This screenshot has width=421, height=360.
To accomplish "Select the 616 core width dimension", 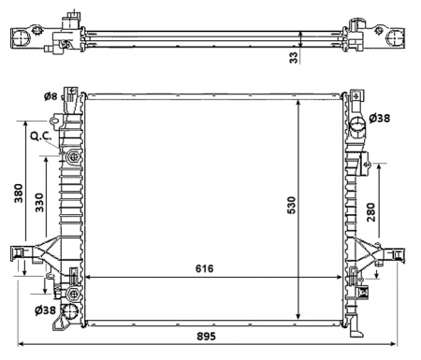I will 205,269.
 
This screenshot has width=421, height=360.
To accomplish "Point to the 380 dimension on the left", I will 16,193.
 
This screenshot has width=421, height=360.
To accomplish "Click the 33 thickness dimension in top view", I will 293,58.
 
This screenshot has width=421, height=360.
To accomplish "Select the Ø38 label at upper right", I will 379,119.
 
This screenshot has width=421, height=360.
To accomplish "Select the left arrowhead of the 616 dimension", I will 88,278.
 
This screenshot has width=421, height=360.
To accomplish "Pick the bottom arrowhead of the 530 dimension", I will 298,317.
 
